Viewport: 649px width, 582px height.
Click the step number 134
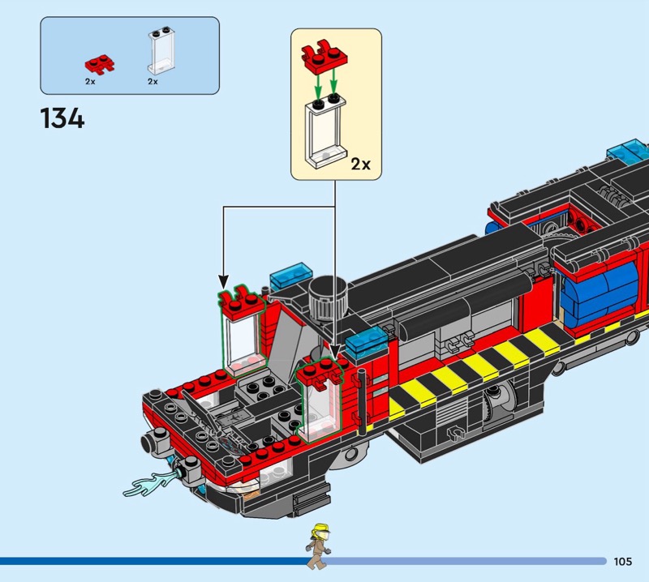[x=62, y=118]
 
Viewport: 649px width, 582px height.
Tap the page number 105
[x=623, y=561]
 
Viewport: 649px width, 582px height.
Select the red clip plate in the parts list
[x=100, y=64]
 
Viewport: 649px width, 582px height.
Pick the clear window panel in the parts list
[x=161, y=50]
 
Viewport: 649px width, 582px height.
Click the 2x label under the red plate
[x=90, y=82]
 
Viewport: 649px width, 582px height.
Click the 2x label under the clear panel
[x=153, y=82]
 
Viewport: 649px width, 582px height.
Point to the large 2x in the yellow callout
[x=360, y=165]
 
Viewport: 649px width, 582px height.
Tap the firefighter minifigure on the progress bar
[x=319, y=546]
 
